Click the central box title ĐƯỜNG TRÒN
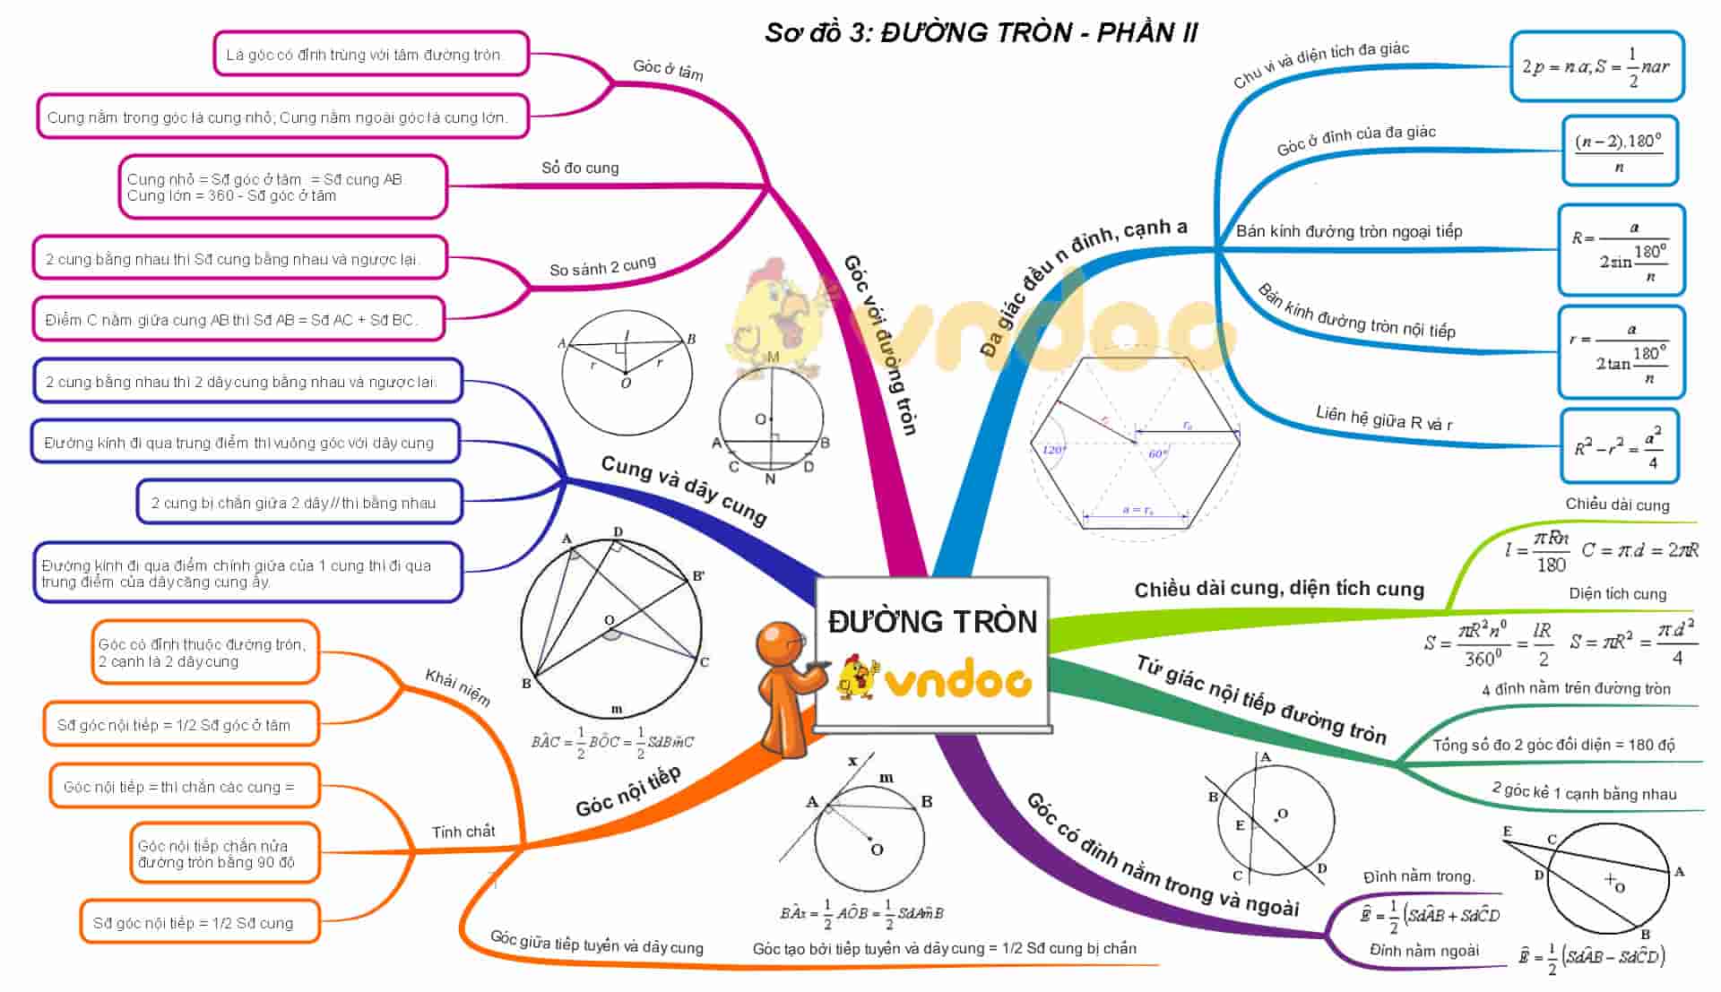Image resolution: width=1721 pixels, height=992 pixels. pyautogui.click(x=932, y=622)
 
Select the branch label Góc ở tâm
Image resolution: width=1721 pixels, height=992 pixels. pyautogui.click(x=668, y=69)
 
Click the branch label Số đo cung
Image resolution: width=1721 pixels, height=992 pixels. pyautogui.click(x=580, y=168)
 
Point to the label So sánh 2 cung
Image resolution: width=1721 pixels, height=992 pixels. pyautogui.click(x=602, y=267)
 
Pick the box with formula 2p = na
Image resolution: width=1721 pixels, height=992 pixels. pyautogui.click(x=1596, y=66)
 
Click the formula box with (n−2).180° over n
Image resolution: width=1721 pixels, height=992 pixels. pyautogui.click(x=1619, y=151)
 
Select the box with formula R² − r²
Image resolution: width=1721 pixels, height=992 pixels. pyautogui.click(x=1619, y=446)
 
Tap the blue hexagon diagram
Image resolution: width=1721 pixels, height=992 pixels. pyautogui.click(x=1136, y=442)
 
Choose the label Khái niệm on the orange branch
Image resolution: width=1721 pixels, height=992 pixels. pyautogui.click(x=458, y=687)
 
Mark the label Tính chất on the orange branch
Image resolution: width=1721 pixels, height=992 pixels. pyautogui.click(x=463, y=832)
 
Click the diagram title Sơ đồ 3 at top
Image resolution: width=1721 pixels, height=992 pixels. pyautogui.click(x=981, y=33)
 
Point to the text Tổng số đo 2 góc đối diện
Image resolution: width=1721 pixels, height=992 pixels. pyautogui.click(x=1553, y=745)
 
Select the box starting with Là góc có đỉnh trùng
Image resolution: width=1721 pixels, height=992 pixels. pyautogui.click(x=371, y=55)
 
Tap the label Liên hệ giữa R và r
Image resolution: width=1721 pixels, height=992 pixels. pyautogui.click(x=1384, y=418)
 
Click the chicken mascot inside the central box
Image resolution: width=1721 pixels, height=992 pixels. pyautogui.click(x=857, y=677)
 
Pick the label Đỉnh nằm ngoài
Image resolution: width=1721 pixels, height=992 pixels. pyautogui.click(x=1423, y=950)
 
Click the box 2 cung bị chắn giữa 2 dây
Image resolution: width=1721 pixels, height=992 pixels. pyautogui.click(x=299, y=503)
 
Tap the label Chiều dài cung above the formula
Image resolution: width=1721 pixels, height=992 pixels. pyautogui.click(x=1617, y=505)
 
